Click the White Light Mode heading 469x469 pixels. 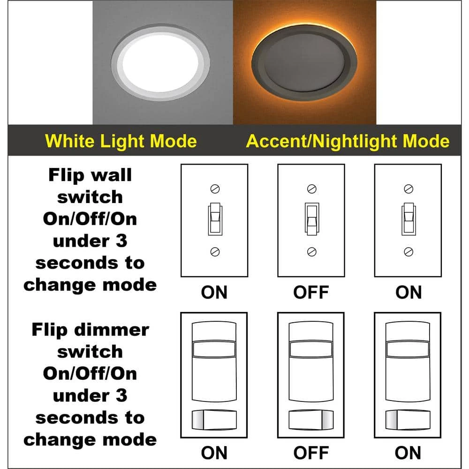[121, 141]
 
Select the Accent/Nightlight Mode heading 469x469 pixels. [348, 141]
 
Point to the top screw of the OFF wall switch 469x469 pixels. [311, 189]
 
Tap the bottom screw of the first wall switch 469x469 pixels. [214, 251]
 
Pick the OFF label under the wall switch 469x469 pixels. [311, 293]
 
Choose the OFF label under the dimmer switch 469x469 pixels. [311, 453]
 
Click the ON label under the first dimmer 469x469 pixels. [214, 453]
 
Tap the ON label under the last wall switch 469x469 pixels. [408, 293]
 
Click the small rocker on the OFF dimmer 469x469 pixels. [311, 419]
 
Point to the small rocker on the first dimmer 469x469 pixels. [214, 419]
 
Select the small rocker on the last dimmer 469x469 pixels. [408, 419]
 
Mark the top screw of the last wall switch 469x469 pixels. [408, 189]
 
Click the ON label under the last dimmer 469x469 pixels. [408, 453]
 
